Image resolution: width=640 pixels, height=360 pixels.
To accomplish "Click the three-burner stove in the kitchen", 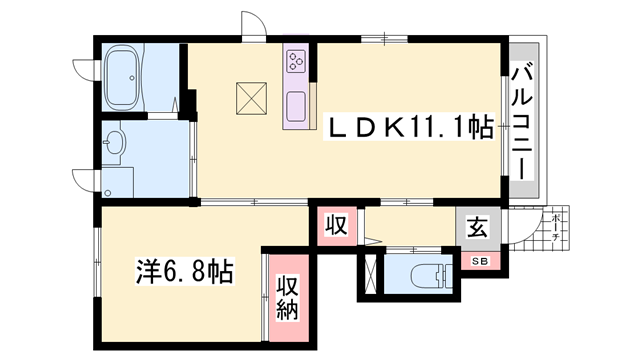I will tap(297, 62).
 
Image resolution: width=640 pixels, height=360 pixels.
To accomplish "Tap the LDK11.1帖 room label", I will tap(410, 128).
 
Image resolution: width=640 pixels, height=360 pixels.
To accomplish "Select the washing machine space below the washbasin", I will tap(119, 181).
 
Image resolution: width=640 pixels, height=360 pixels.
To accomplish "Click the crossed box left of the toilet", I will tap(369, 273).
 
